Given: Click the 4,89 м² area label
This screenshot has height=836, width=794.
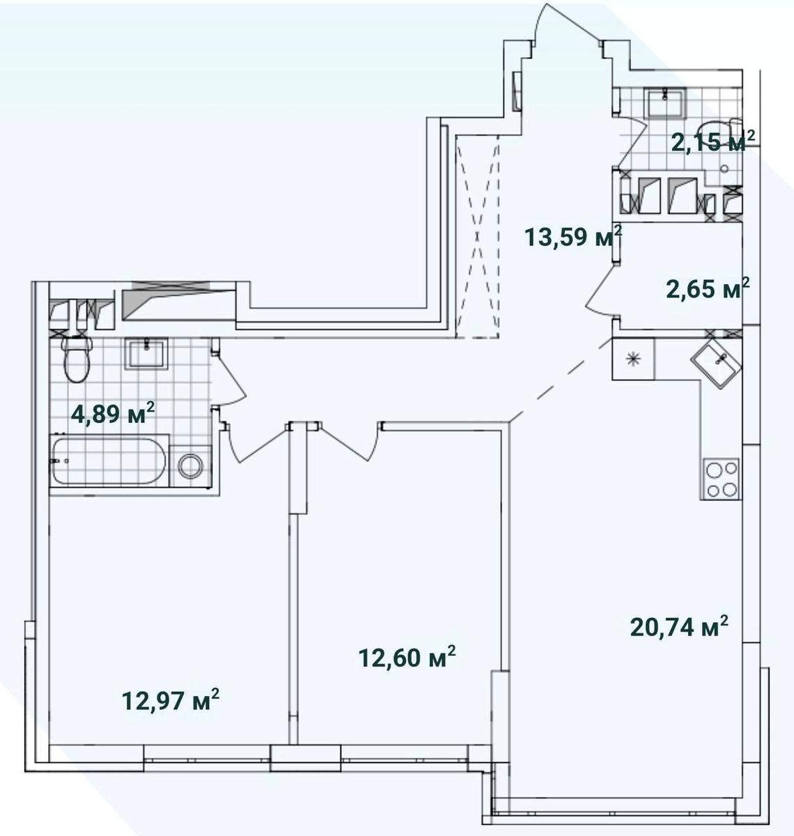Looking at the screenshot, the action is pyautogui.click(x=113, y=413).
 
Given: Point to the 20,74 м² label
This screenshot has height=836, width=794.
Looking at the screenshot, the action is pyautogui.click(x=679, y=626).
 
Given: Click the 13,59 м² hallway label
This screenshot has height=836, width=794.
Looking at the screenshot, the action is pyautogui.click(x=573, y=236).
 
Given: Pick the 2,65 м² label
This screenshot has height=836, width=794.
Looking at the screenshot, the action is pyautogui.click(x=708, y=288).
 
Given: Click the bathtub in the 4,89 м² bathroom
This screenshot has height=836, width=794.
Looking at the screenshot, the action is pyautogui.click(x=109, y=460).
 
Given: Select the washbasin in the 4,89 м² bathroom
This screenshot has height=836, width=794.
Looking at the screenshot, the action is pyautogui.click(x=146, y=353).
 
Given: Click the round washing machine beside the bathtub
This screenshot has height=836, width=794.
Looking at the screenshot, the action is pyautogui.click(x=191, y=465).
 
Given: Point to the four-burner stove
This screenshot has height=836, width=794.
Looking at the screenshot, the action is pyautogui.click(x=721, y=479).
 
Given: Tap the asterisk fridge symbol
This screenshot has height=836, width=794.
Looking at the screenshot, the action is pyautogui.click(x=633, y=359).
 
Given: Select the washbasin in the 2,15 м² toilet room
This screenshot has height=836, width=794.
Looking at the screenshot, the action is pyautogui.click(x=665, y=102).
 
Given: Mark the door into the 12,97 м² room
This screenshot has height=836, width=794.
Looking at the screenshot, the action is pyautogui.click(x=256, y=442).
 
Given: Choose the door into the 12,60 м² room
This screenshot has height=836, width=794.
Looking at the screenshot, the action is pyautogui.click(x=350, y=442).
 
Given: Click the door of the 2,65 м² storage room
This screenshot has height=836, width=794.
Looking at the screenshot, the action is pyautogui.click(x=601, y=291).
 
